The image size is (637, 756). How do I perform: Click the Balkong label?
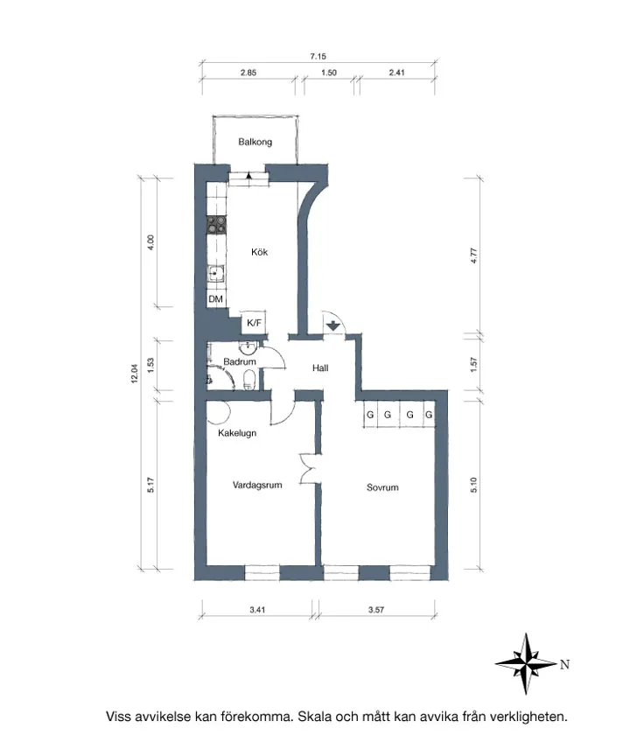(255, 142)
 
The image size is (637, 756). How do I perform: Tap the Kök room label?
(259, 252)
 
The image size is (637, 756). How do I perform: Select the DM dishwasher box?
(215, 299)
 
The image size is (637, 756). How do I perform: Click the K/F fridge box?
(255, 323)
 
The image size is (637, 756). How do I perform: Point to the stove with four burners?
(215, 225)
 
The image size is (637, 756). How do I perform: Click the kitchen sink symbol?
(215, 274)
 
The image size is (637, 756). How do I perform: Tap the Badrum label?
(239, 361)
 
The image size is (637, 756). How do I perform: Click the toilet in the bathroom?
(250, 379)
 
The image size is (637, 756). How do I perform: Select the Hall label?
(320, 368)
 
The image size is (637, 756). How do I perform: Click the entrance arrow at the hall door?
(333, 326)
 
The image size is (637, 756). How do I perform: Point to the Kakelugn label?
(237, 432)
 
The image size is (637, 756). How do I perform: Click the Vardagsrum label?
(257, 484)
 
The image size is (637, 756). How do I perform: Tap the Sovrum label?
(382, 487)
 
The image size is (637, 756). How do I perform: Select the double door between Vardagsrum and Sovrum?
(307, 467)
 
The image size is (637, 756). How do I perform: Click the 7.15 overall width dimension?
(318, 56)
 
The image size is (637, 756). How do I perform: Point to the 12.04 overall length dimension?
(135, 374)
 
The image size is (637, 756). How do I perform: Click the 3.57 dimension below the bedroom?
(377, 609)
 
